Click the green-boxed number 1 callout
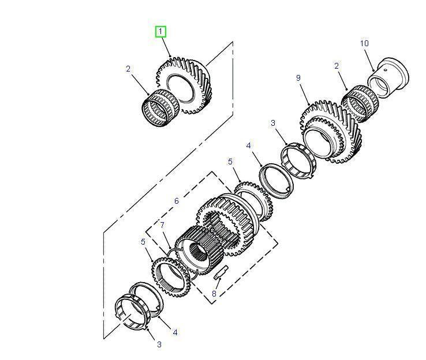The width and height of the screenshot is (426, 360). click(160, 32)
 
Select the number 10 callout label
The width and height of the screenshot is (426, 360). click(364, 43)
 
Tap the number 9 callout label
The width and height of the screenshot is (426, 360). click(298, 78)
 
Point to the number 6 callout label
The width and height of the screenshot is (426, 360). click(177, 201)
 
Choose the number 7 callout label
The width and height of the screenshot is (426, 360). click(162, 225)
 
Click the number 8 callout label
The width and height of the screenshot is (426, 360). click(214, 294)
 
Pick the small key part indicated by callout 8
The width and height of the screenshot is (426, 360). click(221, 272)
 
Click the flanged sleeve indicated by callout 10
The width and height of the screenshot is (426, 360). click(388, 77)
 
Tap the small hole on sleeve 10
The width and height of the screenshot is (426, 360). click(386, 70)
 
